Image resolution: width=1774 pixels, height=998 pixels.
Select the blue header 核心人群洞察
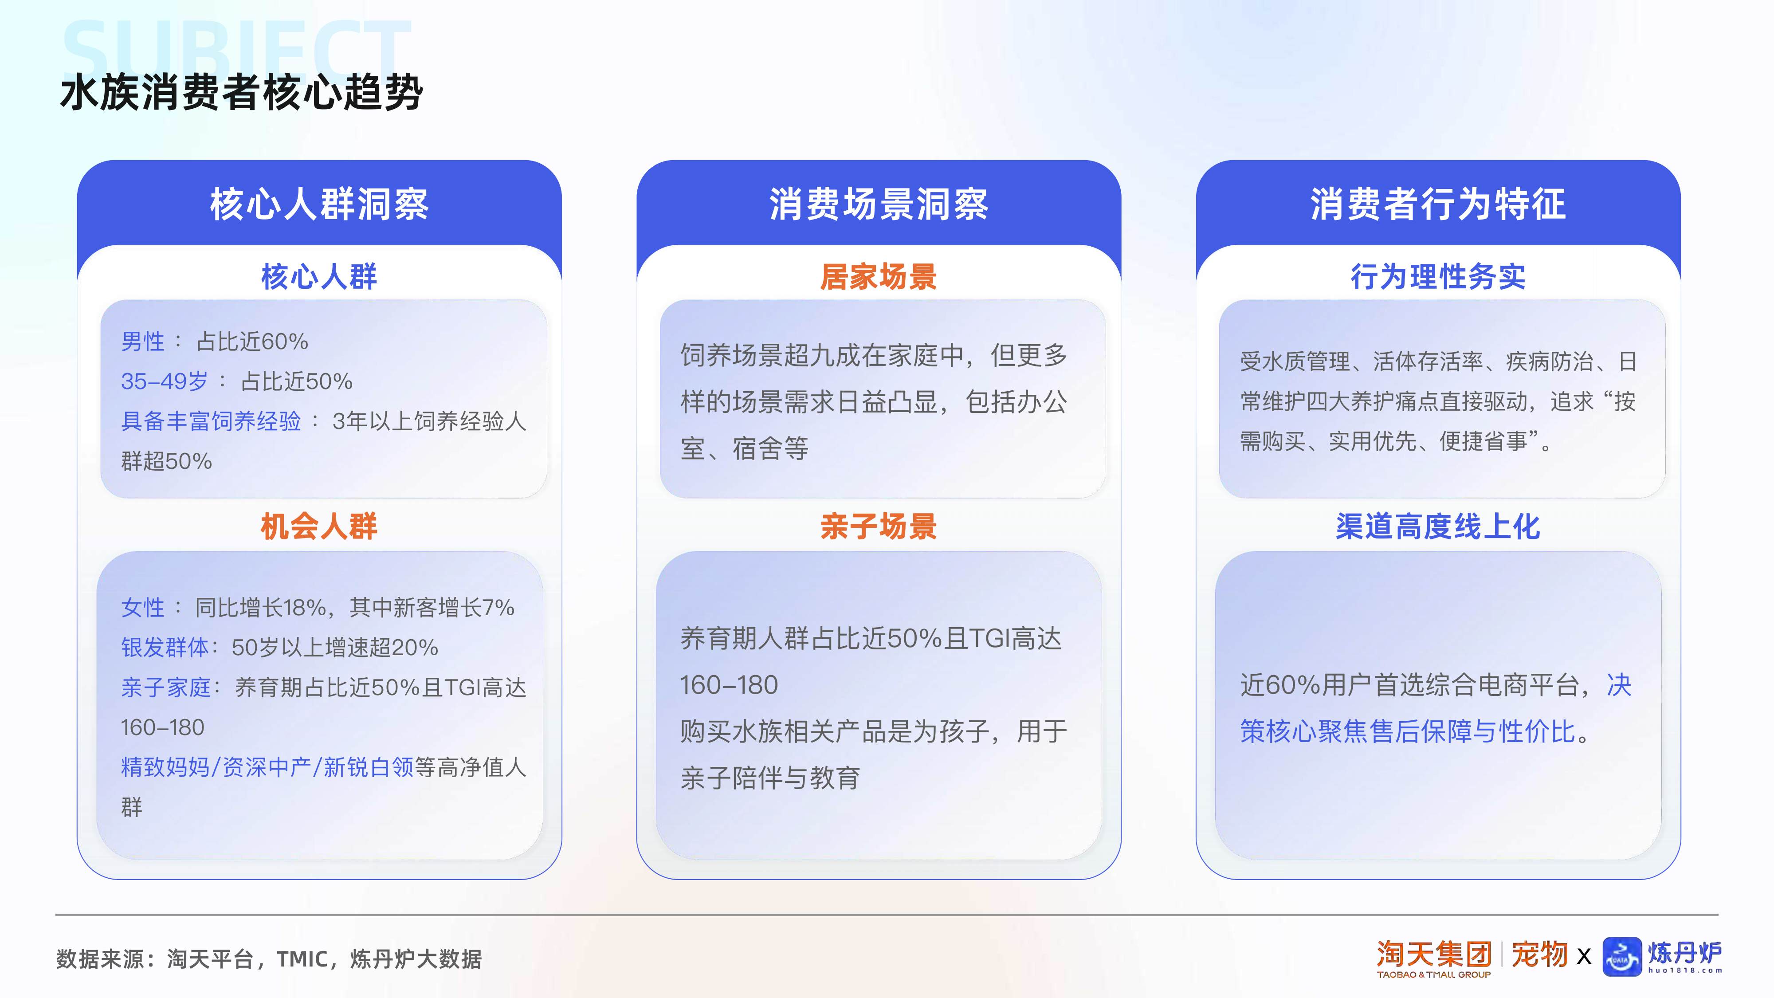pyautogui.click(x=319, y=204)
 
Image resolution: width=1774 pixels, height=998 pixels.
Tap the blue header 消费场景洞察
pyautogui.click(x=878, y=204)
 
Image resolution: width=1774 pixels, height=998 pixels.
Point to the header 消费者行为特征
pyautogui.click(x=1438, y=204)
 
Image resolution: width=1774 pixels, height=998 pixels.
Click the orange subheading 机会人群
pyautogui.click(x=319, y=527)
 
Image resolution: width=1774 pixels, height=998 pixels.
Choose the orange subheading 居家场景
pyautogui.click(x=878, y=277)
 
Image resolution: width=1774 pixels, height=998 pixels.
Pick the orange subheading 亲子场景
pyautogui.click(x=878, y=527)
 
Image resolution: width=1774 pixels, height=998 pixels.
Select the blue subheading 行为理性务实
pyautogui.click(x=1438, y=277)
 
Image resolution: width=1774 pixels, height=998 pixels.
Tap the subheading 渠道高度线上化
pyautogui.click(x=1438, y=527)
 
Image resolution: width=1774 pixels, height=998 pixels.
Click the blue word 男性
pyautogui.click(x=142, y=342)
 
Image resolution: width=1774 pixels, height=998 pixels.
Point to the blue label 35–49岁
pyautogui.click(x=164, y=381)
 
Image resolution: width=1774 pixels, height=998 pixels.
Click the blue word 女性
pyautogui.click(x=142, y=608)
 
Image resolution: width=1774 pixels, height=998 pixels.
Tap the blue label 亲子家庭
pyautogui.click(x=165, y=688)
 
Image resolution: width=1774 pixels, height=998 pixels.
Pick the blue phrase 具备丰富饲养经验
pyautogui.click(x=211, y=421)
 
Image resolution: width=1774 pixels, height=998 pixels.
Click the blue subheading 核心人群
pyautogui.click(x=319, y=277)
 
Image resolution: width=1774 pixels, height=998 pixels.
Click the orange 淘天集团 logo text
pyautogui.click(x=1434, y=955)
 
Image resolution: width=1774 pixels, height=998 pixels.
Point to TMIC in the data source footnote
pyautogui.click(x=302, y=959)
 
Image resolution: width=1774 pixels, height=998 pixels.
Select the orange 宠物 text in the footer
pyautogui.click(x=1539, y=955)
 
